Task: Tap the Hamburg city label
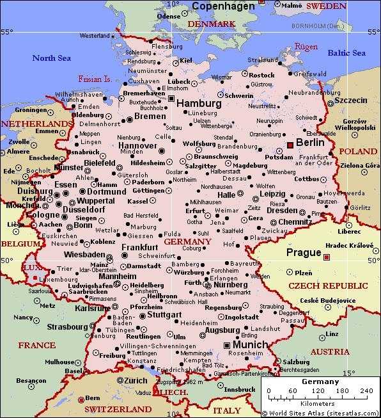199,103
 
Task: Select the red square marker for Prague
327,257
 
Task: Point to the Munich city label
247,344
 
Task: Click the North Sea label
53,58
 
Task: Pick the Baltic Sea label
346,52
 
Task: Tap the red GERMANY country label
187,241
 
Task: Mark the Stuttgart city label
164,315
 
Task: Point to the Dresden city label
282,209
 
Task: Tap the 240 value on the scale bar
362,391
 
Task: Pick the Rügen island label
306,46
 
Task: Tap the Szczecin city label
351,100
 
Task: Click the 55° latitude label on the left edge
6,31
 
